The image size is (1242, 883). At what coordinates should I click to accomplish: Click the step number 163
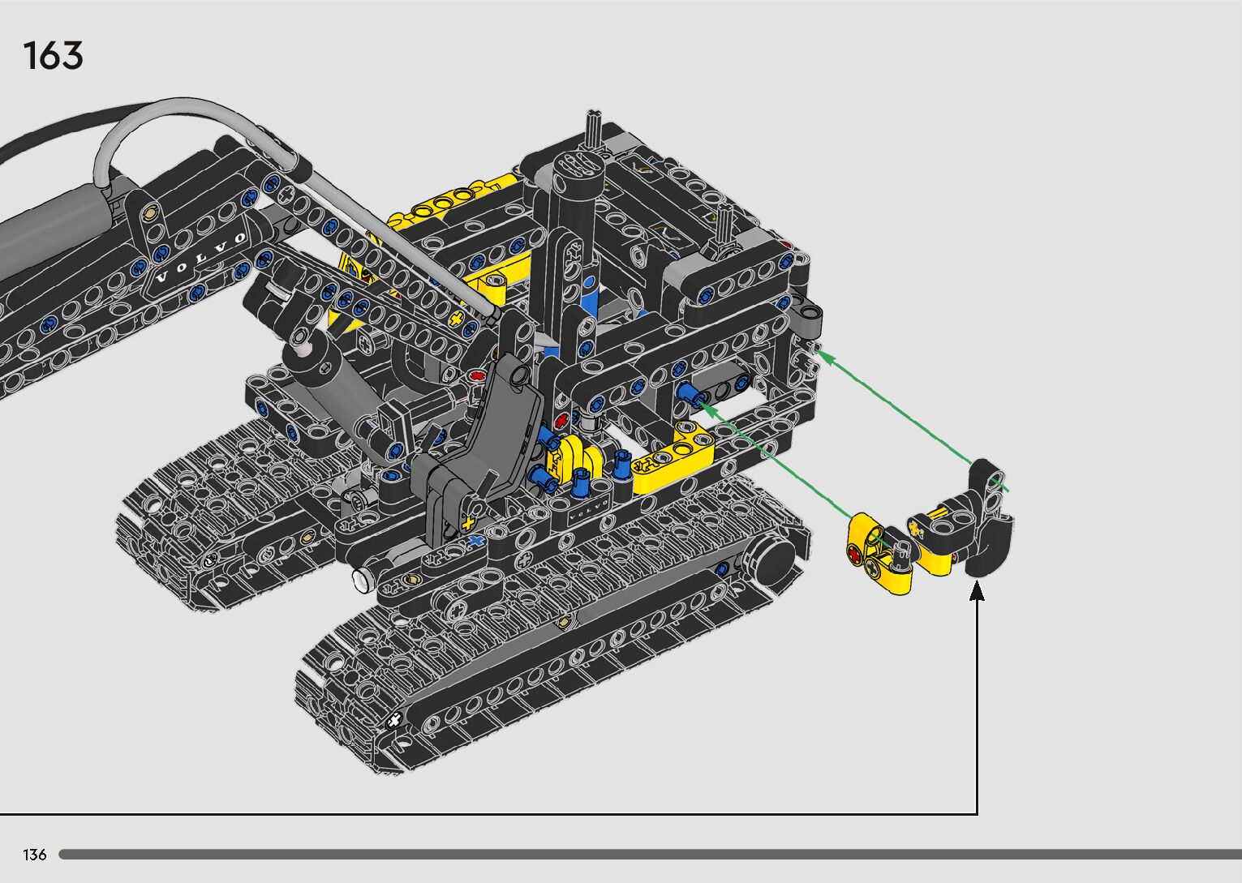(54, 55)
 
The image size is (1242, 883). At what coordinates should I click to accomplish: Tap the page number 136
(34, 855)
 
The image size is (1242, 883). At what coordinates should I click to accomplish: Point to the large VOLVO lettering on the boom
(200, 258)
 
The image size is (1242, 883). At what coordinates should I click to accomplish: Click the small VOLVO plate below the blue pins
(589, 512)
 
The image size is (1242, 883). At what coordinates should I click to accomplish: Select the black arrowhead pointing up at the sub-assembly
(977, 590)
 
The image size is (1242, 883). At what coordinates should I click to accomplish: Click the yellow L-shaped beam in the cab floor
(673, 458)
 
